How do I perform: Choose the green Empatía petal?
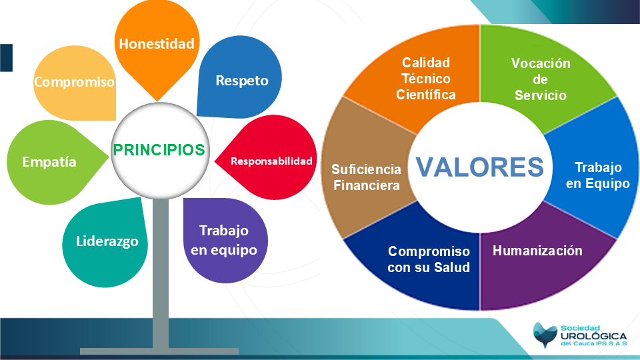tap(51, 162)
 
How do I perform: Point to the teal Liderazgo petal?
tap(105, 242)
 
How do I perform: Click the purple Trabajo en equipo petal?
tap(225, 241)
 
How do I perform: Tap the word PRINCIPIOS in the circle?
tap(159, 150)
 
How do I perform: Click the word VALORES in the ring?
tap(479, 167)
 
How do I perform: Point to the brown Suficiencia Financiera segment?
tap(365, 171)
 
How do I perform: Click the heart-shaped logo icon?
tap(545, 335)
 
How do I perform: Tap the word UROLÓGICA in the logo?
tap(593, 336)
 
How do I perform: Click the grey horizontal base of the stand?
tap(159, 351)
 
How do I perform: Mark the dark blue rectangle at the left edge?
tap(6, 58)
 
